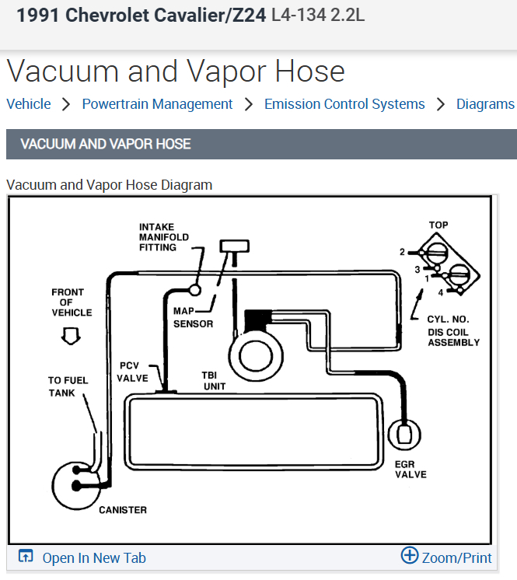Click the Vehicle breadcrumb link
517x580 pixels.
[29, 104]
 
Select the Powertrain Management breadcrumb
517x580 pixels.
[157, 104]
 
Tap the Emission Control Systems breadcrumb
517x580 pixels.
[344, 104]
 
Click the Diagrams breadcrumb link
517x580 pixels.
[485, 104]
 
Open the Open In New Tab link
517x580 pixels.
[93, 557]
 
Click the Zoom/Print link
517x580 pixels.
[456, 557]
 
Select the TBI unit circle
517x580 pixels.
[253, 356]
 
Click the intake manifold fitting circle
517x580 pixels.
[195, 289]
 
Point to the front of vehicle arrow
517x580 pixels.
[72, 335]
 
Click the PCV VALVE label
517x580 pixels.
[133, 372]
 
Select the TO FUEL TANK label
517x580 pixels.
[68, 386]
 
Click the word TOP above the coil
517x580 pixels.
[438, 225]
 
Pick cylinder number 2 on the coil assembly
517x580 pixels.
[403, 252]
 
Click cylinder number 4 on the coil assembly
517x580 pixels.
[440, 292]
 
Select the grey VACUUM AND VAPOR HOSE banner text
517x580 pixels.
[106, 144]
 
